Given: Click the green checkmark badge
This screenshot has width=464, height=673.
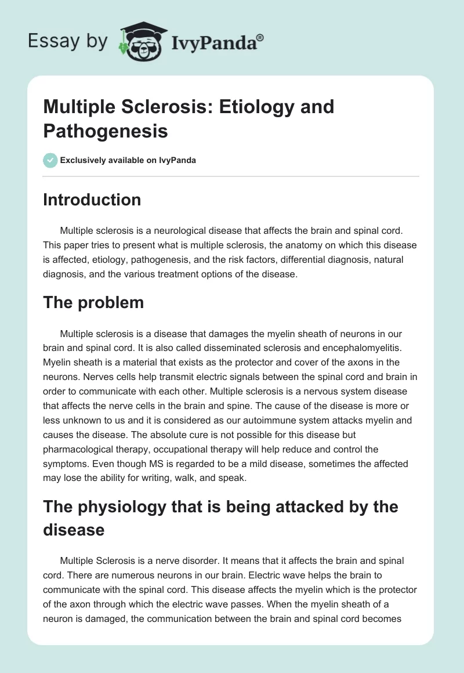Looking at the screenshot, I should point(50,160).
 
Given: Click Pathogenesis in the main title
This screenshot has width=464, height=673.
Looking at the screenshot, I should point(106,131).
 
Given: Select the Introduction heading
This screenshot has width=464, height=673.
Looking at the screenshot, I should point(92,200).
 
